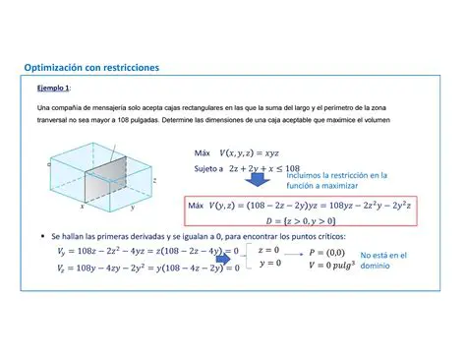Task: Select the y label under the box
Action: tap(134, 208)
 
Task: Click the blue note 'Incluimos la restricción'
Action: tap(336, 175)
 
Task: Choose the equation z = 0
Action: tap(268, 251)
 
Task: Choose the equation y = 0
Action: tap(268, 265)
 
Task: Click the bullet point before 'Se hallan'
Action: tap(40, 237)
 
